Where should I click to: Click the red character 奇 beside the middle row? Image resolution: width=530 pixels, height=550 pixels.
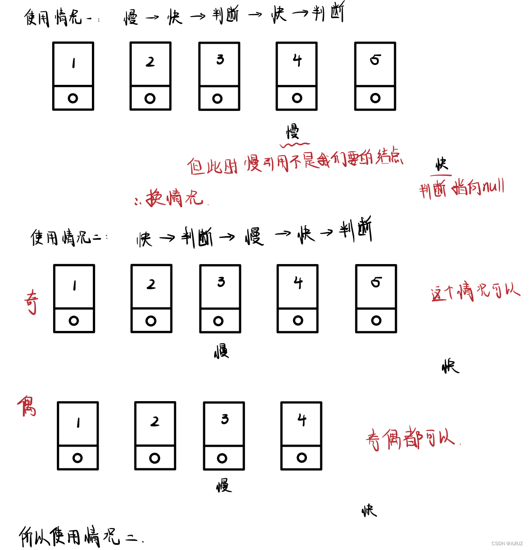click(31, 302)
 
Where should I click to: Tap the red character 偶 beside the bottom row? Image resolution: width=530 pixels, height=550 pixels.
click(27, 406)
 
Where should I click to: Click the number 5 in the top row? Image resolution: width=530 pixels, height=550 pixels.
click(375, 60)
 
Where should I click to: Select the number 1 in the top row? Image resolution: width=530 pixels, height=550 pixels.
click(73, 63)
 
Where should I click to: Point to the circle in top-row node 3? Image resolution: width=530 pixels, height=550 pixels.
click(217, 99)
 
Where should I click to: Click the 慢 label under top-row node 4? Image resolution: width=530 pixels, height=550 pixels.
click(293, 131)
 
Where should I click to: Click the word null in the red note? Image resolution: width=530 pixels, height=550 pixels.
click(493, 187)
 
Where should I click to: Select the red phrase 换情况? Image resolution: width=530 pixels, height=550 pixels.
click(174, 197)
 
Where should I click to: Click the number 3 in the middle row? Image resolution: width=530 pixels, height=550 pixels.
click(221, 282)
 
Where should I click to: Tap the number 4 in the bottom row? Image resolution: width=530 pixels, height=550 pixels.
click(302, 420)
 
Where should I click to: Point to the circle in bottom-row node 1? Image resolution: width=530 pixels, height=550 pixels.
click(78, 458)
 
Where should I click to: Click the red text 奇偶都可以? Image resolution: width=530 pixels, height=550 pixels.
click(410, 439)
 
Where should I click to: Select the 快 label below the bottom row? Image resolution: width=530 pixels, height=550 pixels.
click(369, 511)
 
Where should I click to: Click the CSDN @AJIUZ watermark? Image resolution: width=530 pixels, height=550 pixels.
click(507, 543)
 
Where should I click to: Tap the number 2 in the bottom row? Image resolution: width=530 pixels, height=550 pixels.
click(155, 422)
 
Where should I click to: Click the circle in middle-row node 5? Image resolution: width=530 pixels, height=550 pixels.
click(376, 321)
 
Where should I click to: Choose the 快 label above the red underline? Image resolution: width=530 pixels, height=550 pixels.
click(441, 165)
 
